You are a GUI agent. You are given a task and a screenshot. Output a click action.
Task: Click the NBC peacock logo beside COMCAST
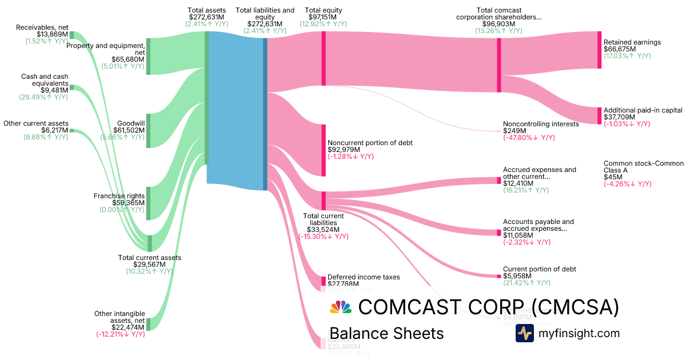(x=341, y=307)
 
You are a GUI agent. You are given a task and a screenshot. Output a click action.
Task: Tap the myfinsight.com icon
(x=524, y=333)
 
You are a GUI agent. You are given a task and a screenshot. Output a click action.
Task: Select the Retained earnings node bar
(x=599, y=50)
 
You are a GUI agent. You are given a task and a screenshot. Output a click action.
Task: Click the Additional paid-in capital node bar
(x=599, y=115)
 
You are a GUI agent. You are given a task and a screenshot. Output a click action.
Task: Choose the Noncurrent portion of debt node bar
(x=323, y=150)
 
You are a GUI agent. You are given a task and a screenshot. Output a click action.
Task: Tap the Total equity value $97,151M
(x=323, y=17)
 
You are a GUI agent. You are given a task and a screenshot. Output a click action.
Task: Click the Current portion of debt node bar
(x=498, y=276)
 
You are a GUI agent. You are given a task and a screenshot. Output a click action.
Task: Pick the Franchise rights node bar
(x=148, y=203)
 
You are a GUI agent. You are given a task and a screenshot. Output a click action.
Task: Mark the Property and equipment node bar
(x=148, y=56)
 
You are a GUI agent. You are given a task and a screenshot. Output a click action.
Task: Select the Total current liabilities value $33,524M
(x=323, y=229)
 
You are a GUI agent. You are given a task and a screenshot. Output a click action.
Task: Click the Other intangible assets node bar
(x=148, y=324)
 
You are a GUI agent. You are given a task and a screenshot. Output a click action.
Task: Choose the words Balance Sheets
(x=386, y=333)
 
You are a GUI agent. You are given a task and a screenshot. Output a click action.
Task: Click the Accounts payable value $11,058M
(x=519, y=235)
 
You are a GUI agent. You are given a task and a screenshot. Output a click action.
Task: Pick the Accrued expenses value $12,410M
(x=519, y=183)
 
